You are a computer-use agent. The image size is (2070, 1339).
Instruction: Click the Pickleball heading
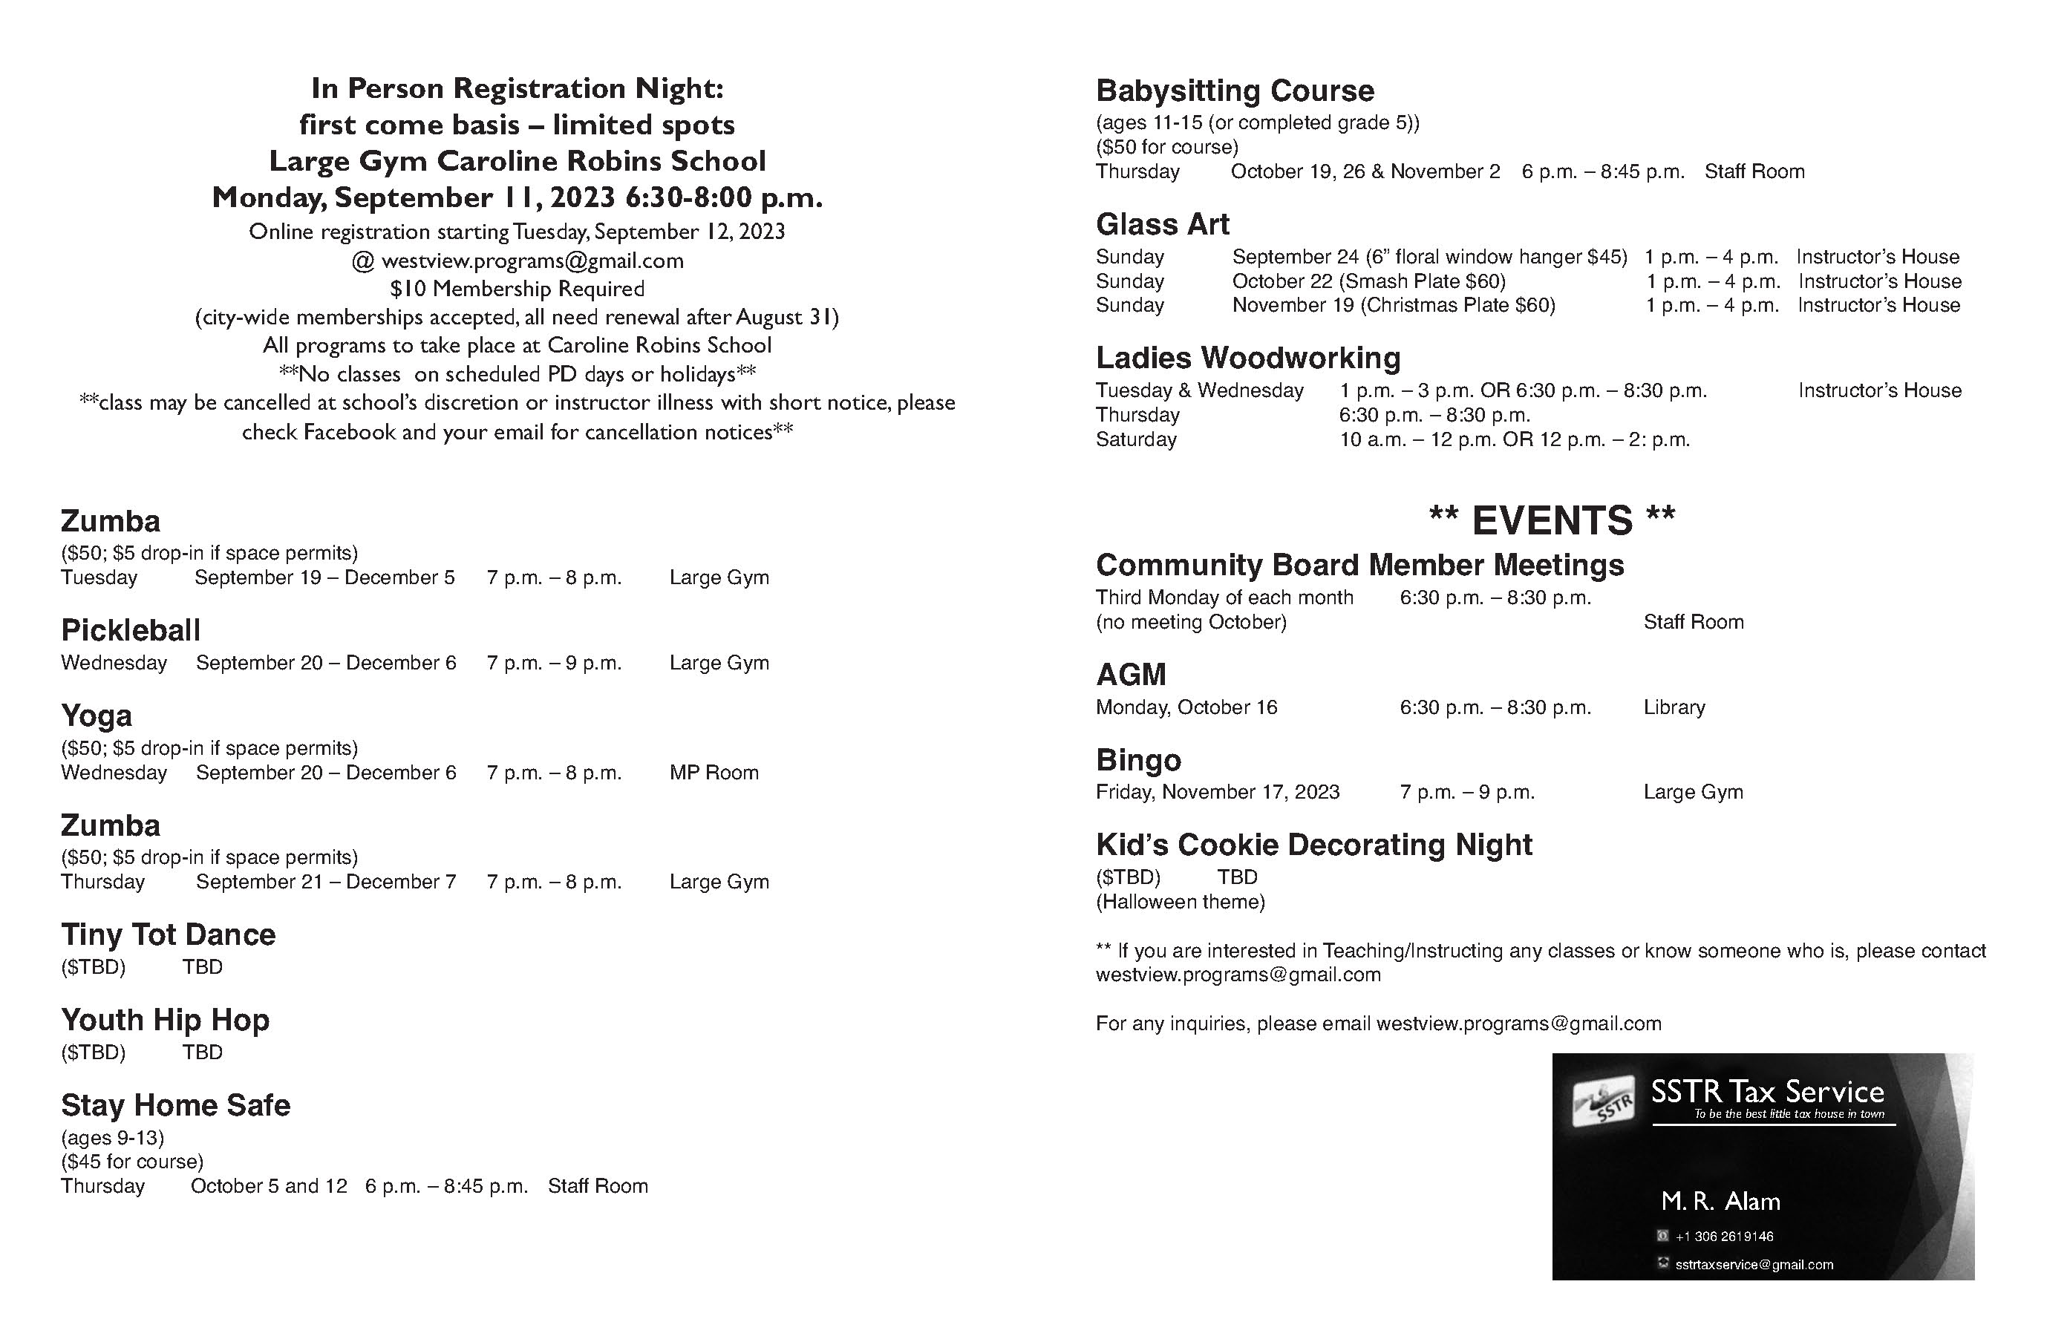131,630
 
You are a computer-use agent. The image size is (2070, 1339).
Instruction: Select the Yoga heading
97,716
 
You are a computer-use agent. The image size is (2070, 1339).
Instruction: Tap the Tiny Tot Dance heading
168,934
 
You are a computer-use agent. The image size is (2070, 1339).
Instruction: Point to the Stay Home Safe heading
176,1105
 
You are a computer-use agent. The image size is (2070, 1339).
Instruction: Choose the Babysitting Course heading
1235,91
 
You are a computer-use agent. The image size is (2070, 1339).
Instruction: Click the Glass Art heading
1162,224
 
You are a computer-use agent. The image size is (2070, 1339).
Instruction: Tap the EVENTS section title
1552,521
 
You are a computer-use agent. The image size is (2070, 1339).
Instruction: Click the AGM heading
1131,675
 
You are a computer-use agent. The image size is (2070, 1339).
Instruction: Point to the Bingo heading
1138,761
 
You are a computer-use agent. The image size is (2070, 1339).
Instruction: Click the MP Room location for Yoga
714,773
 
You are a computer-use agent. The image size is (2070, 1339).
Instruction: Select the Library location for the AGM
1674,708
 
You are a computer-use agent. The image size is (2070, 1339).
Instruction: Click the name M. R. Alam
1720,1202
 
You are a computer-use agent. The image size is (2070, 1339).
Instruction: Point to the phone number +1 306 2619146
1724,1237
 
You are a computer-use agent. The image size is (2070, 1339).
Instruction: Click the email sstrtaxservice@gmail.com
1754,1265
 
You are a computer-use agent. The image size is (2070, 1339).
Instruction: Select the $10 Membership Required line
517,289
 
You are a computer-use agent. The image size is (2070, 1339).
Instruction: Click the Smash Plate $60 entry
1369,282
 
